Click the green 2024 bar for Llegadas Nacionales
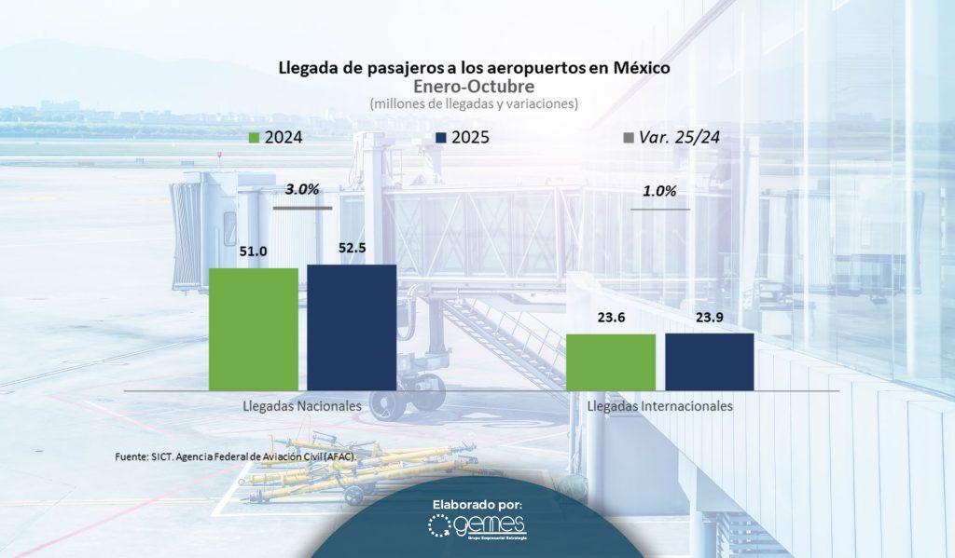254,329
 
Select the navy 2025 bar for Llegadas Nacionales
352,327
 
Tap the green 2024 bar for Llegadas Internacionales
611,361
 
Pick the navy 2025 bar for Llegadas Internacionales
709,361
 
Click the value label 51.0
254,252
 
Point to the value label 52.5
352,248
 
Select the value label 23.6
611,317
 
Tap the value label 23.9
709,317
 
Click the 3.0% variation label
302,189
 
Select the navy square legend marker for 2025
442,138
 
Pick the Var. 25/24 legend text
680,138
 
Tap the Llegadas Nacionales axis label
302,407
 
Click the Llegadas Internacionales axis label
659,407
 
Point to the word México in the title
637,69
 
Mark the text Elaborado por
477,504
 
